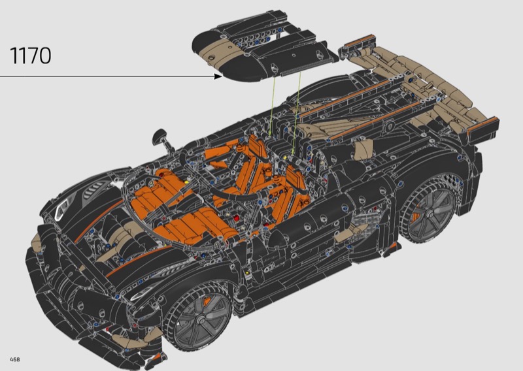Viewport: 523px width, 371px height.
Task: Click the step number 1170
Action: coord(31,56)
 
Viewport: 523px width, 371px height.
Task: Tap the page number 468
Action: coord(14,359)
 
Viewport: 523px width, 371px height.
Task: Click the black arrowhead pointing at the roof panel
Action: coord(218,76)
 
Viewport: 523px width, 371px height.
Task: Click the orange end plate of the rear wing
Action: coord(483,125)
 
